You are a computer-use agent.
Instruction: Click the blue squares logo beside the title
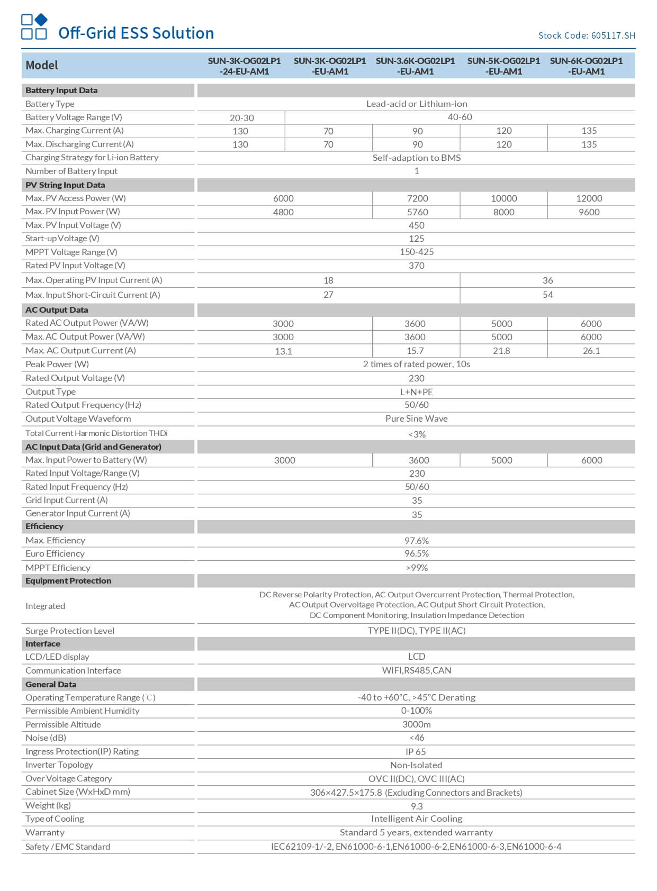point(34,27)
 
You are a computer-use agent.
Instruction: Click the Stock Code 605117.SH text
point(586,35)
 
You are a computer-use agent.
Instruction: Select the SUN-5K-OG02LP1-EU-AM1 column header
point(503,66)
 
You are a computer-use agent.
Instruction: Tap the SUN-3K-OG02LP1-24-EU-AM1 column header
point(244,66)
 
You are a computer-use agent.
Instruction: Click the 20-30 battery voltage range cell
point(241,118)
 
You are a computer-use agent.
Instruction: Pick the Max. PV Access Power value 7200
point(417,198)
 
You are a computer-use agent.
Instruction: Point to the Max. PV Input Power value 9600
point(589,212)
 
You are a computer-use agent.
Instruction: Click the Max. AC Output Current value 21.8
point(501,351)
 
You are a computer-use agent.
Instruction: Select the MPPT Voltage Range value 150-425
point(416,252)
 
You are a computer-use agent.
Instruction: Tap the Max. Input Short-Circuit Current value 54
point(547,295)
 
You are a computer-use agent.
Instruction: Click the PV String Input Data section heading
point(65,185)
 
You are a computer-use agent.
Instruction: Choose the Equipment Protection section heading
point(68,581)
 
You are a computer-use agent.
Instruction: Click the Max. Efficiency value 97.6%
point(417,541)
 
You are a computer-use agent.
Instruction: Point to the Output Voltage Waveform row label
point(78,419)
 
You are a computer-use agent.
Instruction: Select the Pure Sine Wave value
point(416,419)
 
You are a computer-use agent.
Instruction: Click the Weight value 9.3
point(417,806)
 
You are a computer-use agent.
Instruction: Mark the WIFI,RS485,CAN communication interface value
point(416,671)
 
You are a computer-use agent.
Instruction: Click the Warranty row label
point(45,833)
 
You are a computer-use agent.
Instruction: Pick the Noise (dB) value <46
point(417,738)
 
